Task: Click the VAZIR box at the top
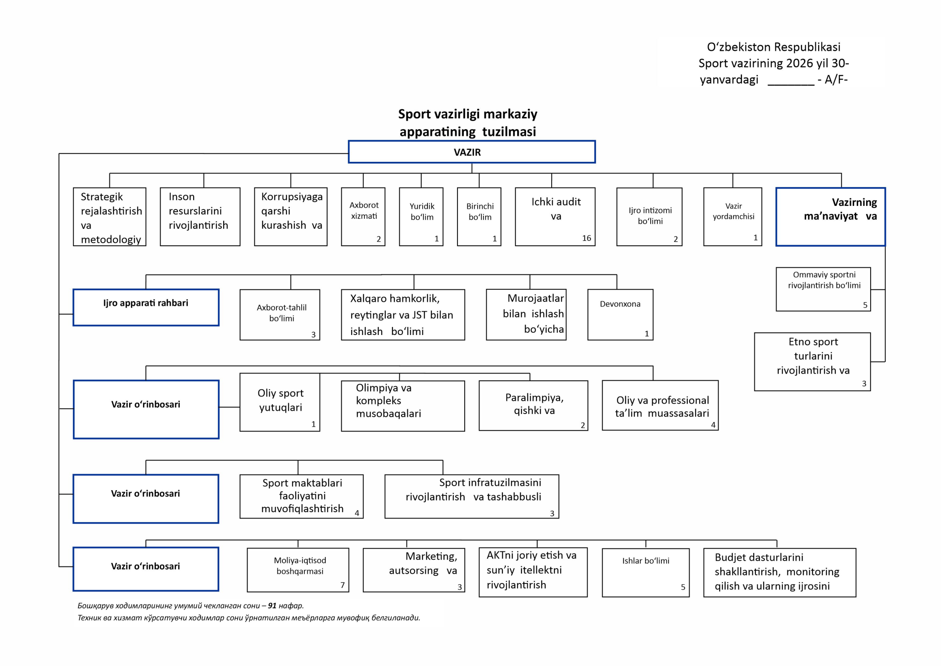point(471,152)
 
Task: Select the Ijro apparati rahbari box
point(146,307)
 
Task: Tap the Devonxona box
point(620,314)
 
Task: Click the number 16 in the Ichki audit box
point(586,238)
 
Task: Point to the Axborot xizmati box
point(363,216)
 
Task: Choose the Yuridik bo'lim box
point(421,216)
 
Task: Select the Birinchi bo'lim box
point(479,216)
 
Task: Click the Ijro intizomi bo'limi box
point(649,216)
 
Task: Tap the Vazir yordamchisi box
point(732,216)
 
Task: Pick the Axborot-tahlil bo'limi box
point(280,314)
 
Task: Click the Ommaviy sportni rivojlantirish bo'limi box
point(823,289)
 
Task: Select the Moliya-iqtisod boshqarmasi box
point(298,570)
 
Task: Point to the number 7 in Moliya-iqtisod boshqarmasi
point(342,585)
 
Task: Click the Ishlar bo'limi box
point(645,572)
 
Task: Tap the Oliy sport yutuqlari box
point(280,402)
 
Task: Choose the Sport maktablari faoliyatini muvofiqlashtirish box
point(302,496)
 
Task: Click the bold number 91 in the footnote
point(272,605)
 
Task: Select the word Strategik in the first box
point(102,196)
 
